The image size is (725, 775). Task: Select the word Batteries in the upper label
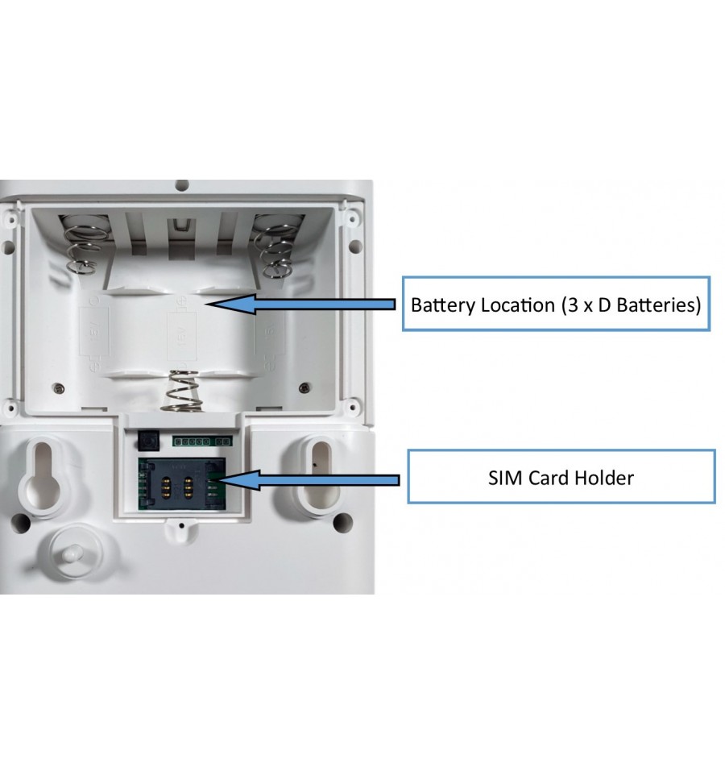[657, 305]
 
